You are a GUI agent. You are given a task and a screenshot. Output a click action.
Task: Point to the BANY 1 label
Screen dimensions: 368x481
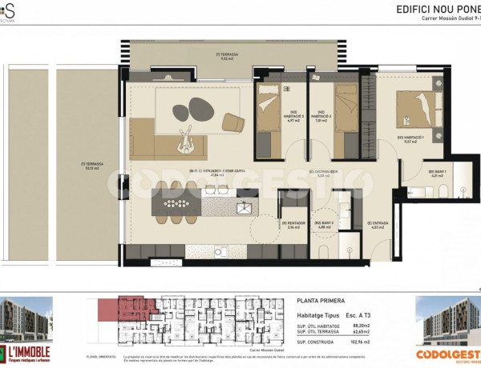(x=437, y=174)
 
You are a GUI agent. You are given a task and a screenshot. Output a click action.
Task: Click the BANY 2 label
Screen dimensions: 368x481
(x=324, y=225)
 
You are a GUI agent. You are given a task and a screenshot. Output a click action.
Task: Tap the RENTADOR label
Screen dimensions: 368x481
(x=290, y=225)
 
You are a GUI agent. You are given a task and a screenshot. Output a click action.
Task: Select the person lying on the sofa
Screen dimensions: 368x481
(x=189, y=141)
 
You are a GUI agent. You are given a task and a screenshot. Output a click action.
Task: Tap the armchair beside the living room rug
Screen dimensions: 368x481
(x=232, y=123)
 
